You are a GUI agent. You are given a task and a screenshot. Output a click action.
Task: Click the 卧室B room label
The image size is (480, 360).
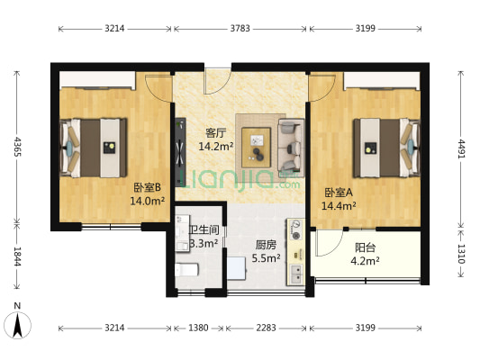(147, 188)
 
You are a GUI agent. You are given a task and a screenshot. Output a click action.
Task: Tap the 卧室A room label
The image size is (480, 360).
(339, 192)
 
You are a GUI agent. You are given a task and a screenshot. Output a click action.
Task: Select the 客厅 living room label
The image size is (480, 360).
(215, 132)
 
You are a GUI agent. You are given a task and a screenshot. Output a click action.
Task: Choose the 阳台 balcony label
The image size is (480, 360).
(365, 247)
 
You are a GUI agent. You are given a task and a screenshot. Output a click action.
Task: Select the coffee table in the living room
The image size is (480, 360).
(260, 139)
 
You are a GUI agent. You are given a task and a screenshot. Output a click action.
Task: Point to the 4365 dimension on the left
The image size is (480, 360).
(15, 145)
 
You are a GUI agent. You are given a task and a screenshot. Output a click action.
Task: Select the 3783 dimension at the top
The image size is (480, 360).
(241, 29)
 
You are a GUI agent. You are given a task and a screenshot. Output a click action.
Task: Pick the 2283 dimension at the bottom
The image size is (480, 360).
(265, 328)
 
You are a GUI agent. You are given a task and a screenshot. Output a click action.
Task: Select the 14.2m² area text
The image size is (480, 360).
(216, 146)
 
